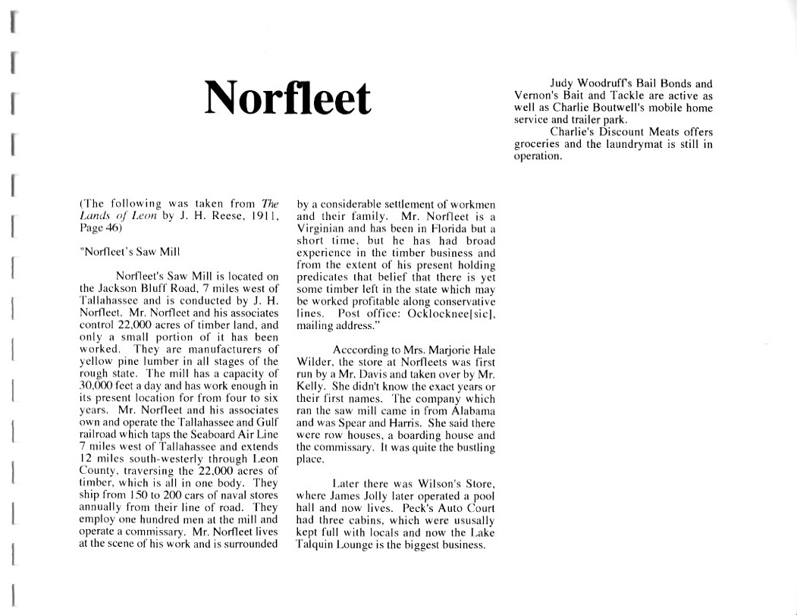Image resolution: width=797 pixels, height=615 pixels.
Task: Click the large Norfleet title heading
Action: pos(288,98)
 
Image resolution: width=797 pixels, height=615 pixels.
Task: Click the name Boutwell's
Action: pos(606,108)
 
